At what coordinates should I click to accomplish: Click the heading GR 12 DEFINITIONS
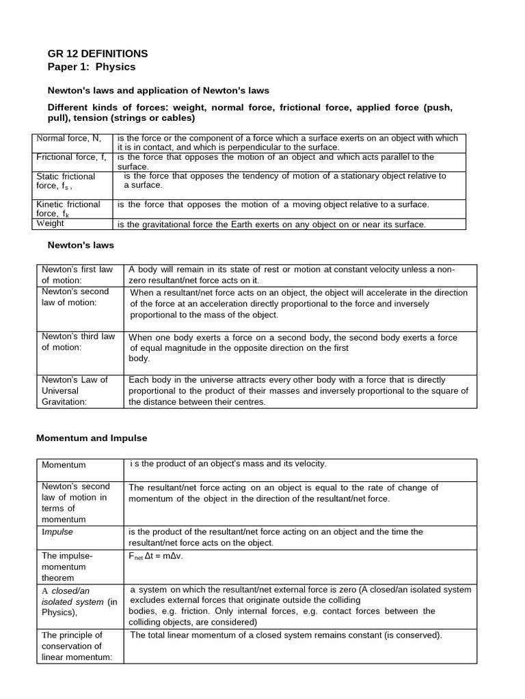(x=97, y=53)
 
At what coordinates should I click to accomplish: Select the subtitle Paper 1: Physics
(x=92, y=67)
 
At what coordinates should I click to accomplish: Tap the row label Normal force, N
(x=68, y=139)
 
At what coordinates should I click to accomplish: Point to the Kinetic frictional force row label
(x=68, y=208)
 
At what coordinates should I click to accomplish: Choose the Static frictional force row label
(x=66, y=180)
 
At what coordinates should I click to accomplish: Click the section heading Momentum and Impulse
(x=92, y=438)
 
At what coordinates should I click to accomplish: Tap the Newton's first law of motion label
(x=78, y=274)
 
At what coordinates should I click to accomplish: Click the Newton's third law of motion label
(x=78, y=341)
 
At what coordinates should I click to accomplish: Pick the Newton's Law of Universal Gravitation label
(x=75, y=390)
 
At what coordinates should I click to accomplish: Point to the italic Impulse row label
(x=57, y=531)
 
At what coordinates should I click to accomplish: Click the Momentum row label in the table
(x=64, y=465)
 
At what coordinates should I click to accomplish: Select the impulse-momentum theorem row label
(x=67, y=567)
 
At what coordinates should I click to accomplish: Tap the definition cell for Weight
(x=271, y=224)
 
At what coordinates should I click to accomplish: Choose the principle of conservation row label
(x=72, y=646)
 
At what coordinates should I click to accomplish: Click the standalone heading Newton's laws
(x=80, y=244)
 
